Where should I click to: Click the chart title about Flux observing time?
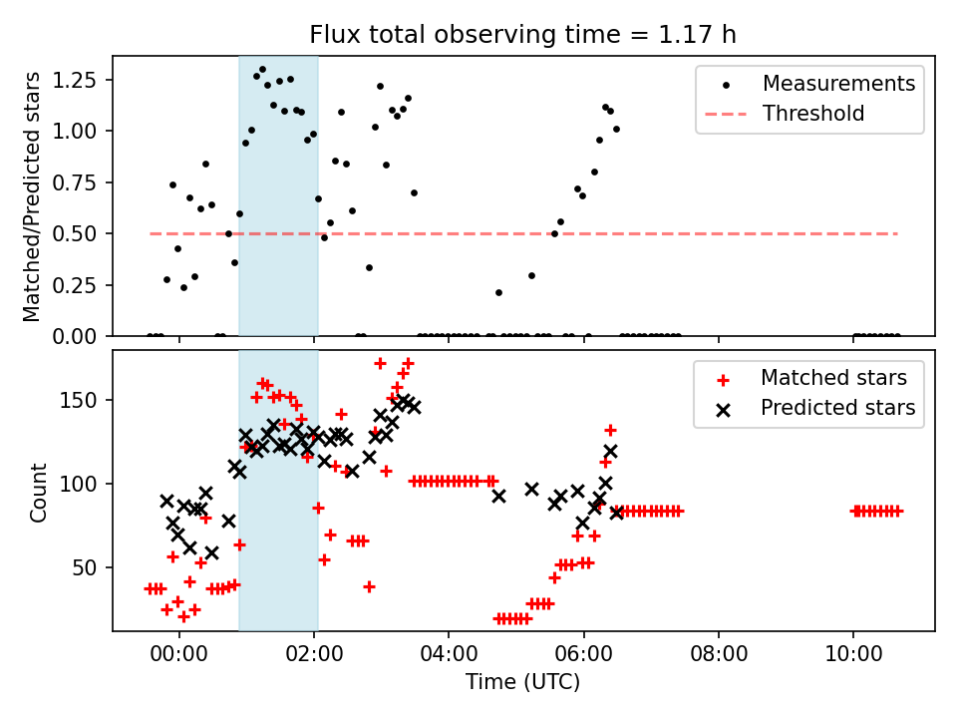pyautogui.click(x=522, y=36)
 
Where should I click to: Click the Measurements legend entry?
pyautogui.click(x=838, y=84)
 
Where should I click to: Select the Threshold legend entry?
pyautogui.click(x=812, y=114)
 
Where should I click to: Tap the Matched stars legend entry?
pyautogui.click(x=833, y=378)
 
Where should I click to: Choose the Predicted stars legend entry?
pyautogui.click(x=837, y=408)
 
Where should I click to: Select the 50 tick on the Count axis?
pyautogui.click(x=94, y=567)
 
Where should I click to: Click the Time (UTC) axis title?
pyautogui.click(x=522, y=683)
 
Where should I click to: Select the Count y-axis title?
pyautogui.click(x=39, y=492)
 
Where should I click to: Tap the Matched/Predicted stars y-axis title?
pyautogui.click(x=33, y=196)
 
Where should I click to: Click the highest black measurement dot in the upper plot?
pyautogui.click(x=262, y=70)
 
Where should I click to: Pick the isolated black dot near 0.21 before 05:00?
pyautogui.click(x=498, y=292)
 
